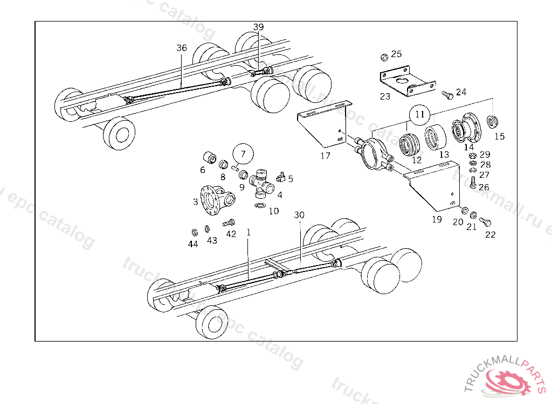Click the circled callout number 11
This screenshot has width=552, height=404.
[420, 114]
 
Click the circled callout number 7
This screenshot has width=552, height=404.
[243, 154]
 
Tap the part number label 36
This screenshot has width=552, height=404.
[182, 48]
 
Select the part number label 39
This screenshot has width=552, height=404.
[259, 27]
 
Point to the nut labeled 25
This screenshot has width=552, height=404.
[383, 56]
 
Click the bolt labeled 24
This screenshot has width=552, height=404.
[446, 95]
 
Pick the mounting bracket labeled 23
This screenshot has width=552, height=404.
[406, 81]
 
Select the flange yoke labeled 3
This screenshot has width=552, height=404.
[214, 199]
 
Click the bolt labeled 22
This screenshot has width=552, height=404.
[485, 221]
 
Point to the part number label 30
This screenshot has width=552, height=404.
[299, 214]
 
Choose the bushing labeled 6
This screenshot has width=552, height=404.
[209, 158]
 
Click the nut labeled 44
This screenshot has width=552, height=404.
[193, 233]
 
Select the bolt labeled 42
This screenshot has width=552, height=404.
[230, 222]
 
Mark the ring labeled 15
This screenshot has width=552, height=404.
[491, 121]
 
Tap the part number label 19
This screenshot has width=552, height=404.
[437, 219]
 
